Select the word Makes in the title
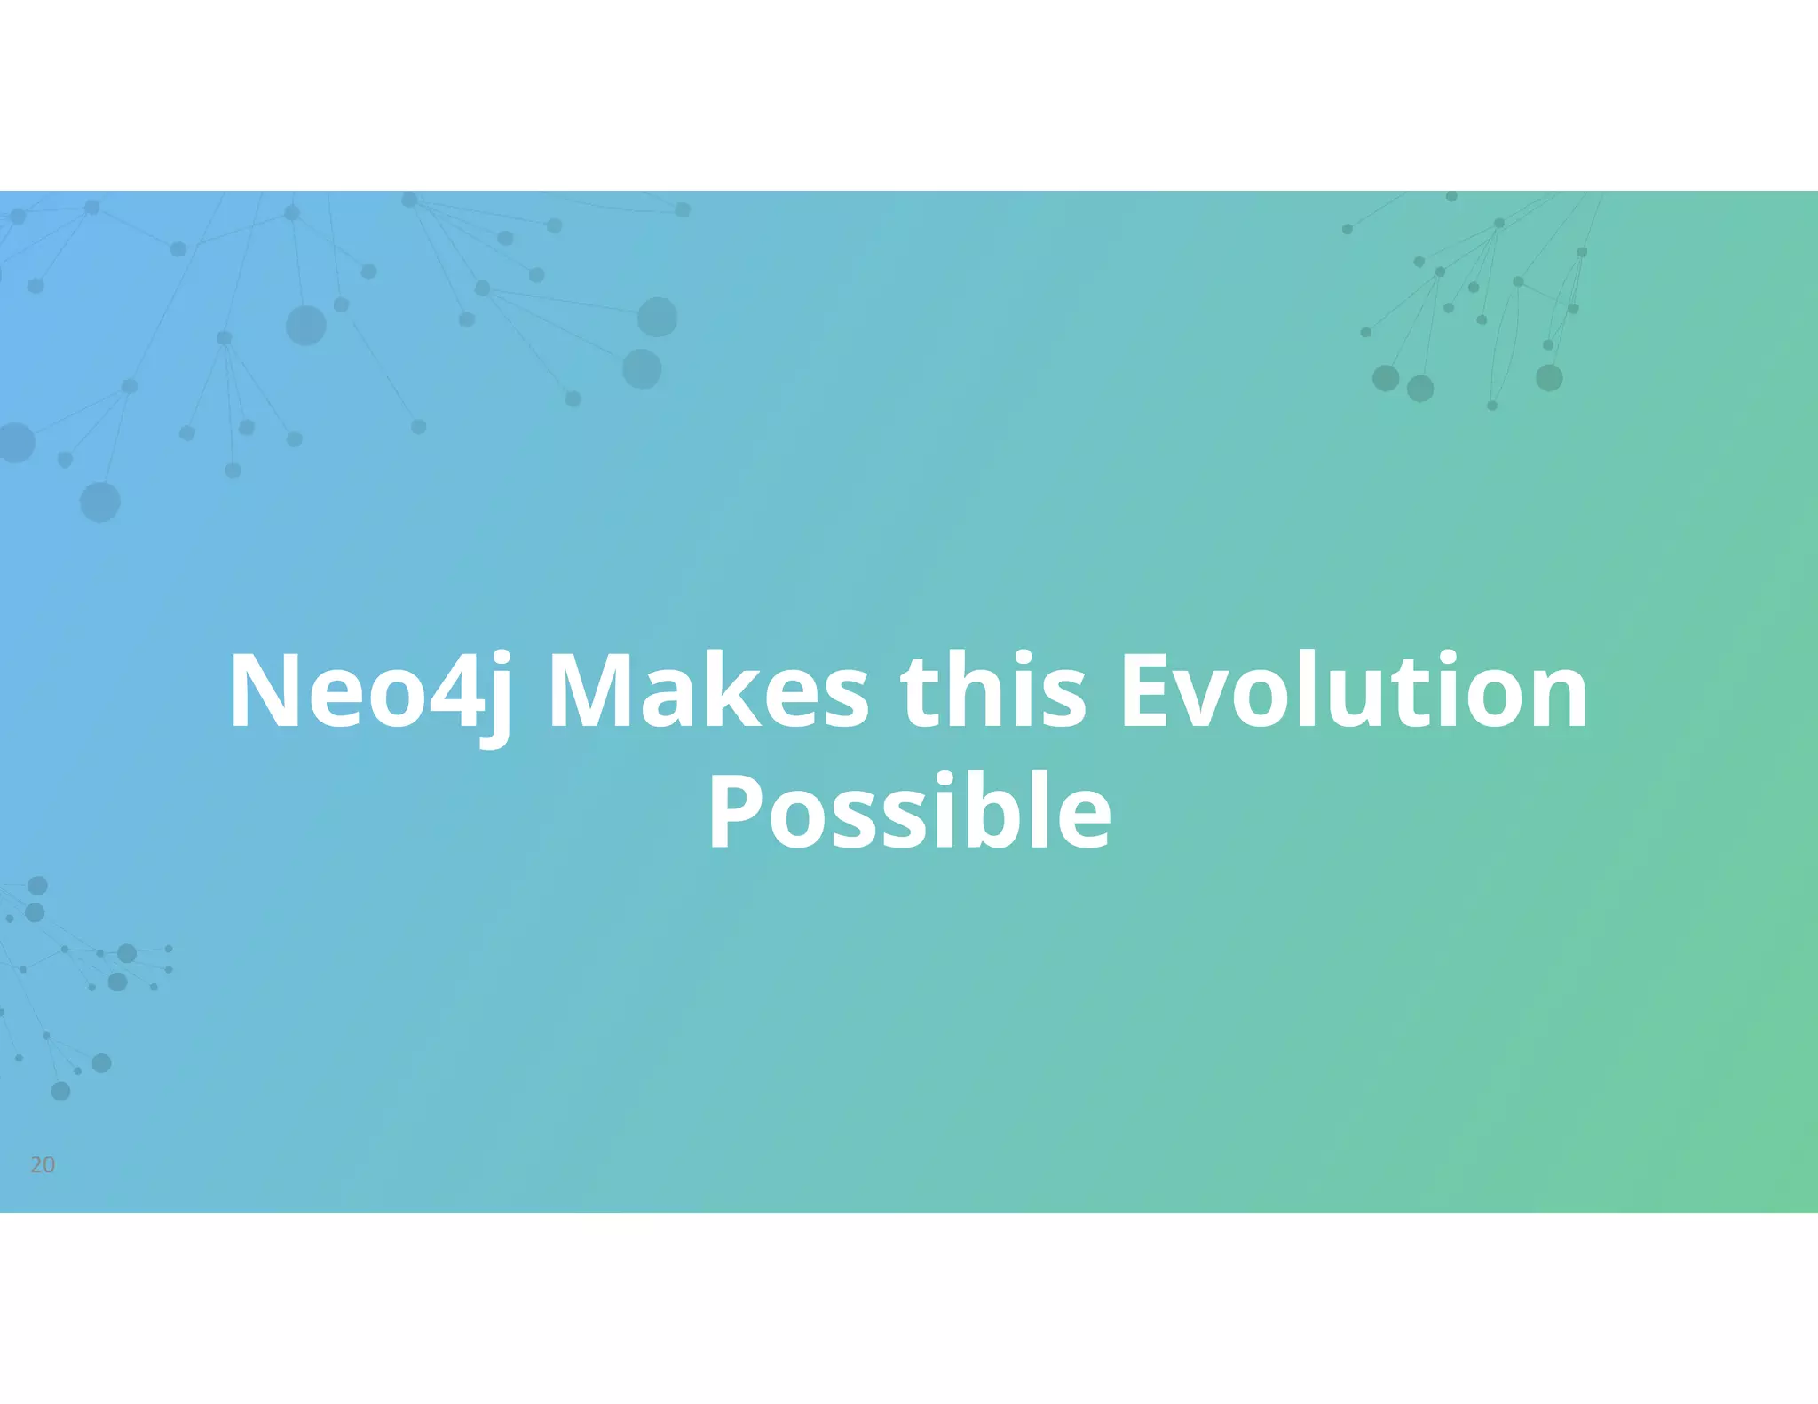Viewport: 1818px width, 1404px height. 708,692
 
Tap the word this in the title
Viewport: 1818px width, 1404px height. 993,692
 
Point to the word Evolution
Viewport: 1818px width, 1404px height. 1354,692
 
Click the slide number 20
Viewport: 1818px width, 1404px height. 43,1165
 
